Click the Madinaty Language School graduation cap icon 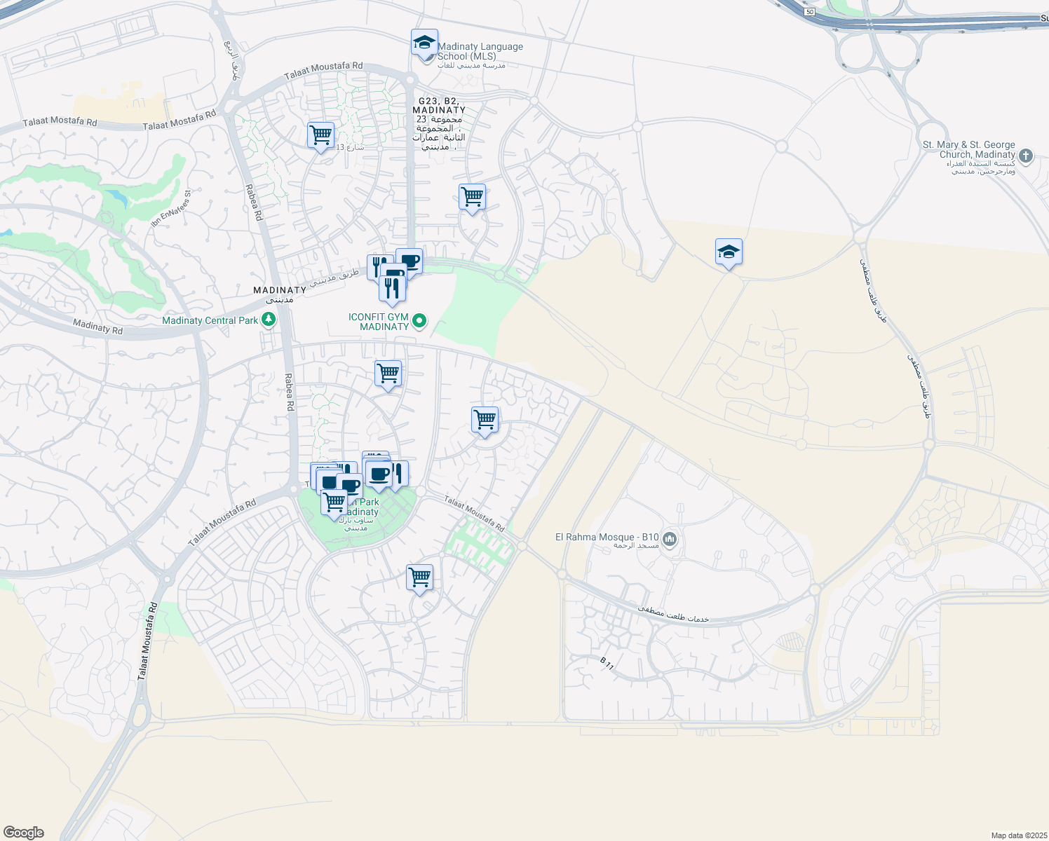click(x=424, y=43)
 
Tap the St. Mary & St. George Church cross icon click(x=1026, y=156)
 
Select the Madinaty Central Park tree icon click(x=268, y=320)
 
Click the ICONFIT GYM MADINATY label click(x=379, y=322)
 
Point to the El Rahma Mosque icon click(x=670, y=539)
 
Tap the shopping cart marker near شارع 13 click(x=320, y=135)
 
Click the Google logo click(x=24, y=833)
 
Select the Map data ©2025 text click(x=1018, y=835)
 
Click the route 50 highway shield click(x=810, y=12)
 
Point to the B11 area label click(x=607, y=663)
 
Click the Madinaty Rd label click(x=98, y=326)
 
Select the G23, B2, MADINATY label click(x=439, y=106)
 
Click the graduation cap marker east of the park click(x=729, y=252)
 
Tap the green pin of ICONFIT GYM click(x=419, y=321)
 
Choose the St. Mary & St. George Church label click(x=969, y=149)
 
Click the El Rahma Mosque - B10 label click(x=607, y=538)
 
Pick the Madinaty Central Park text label click(x=210, y=320)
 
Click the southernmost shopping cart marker click(x=419, y=577)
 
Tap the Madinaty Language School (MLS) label click(x=480, y=51)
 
